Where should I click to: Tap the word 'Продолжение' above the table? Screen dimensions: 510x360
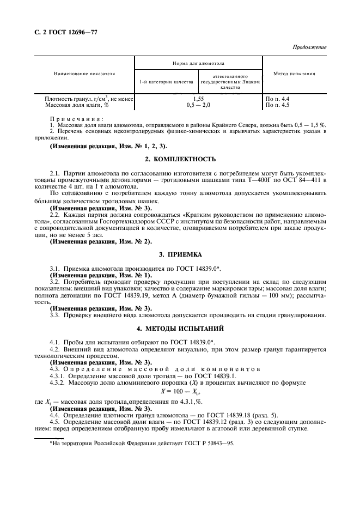[309, 47]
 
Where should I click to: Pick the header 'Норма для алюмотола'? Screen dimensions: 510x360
[198, 64]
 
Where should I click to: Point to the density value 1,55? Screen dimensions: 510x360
[198, 99]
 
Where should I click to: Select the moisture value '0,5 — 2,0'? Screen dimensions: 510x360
[198, 104]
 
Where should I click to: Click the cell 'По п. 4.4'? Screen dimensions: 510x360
[277, 99]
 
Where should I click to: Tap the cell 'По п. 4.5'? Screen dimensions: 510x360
[277, 104]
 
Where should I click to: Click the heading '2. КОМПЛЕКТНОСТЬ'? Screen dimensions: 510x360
[180, 159]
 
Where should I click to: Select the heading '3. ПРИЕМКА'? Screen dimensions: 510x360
[180, 254]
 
